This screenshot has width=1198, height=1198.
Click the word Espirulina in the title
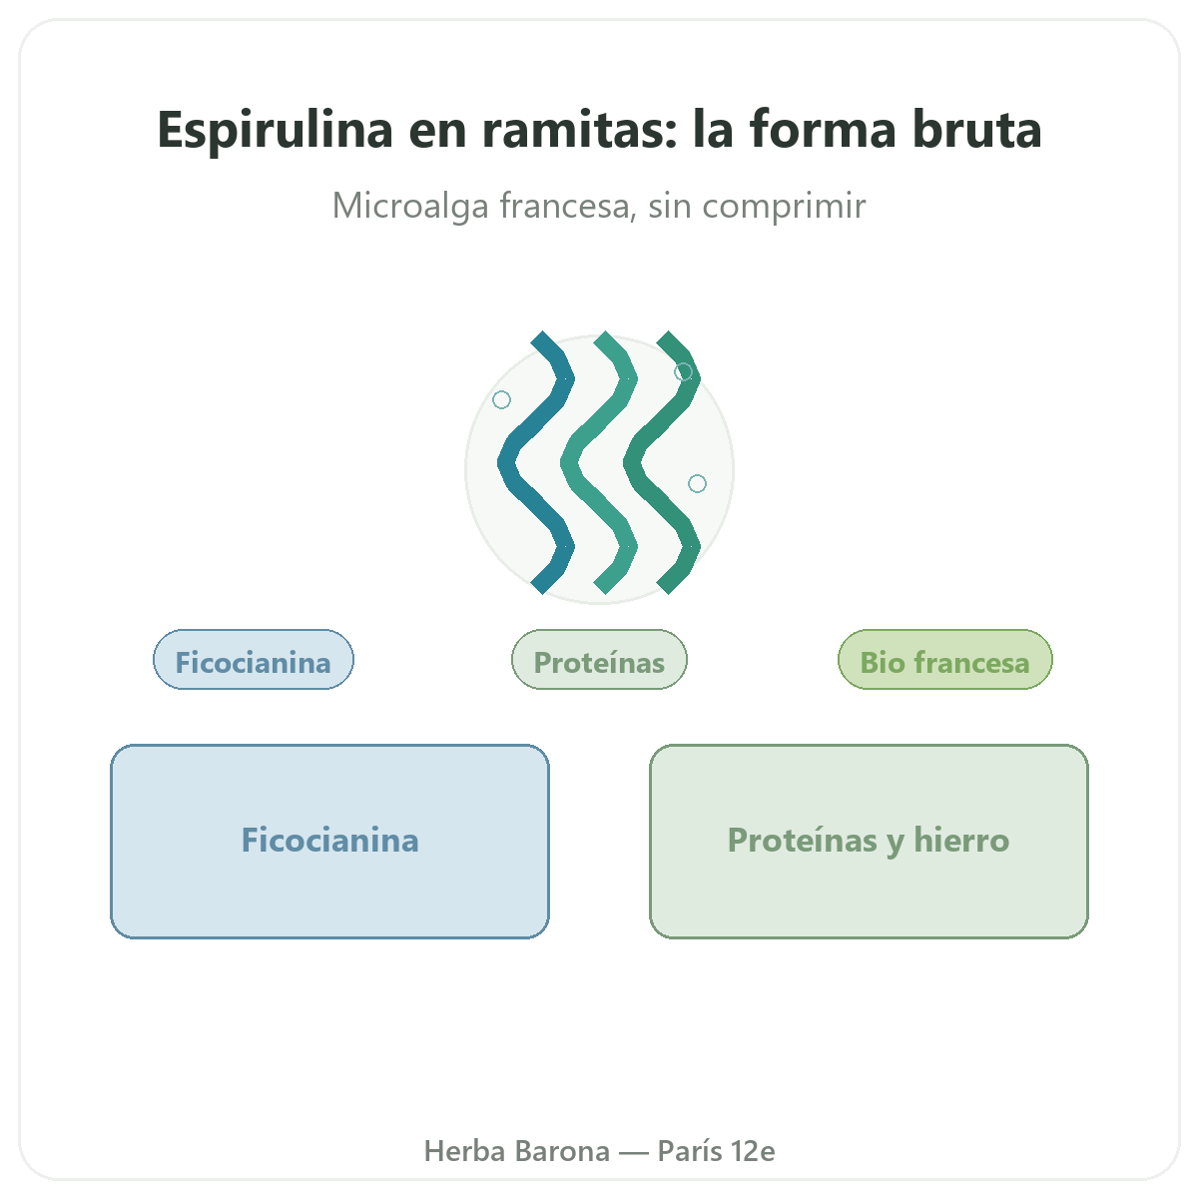click(x=275, y=131)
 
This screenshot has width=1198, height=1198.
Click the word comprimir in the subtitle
click(x=784, y=207)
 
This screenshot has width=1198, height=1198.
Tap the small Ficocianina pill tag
click(x=253, y=660)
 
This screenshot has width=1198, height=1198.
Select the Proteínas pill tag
click(x=599, y=660)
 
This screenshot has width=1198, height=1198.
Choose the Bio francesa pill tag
click(x=944, y=660)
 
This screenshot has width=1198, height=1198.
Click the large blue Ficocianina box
click(x=329, y=842)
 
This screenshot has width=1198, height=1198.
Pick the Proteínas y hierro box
click(x=869, y=842)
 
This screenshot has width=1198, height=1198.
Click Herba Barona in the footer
click(x=516, y=1151)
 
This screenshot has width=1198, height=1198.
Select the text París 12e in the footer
click(x=716, y=1151)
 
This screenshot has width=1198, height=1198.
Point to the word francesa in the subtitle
click(x=568, y=206)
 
